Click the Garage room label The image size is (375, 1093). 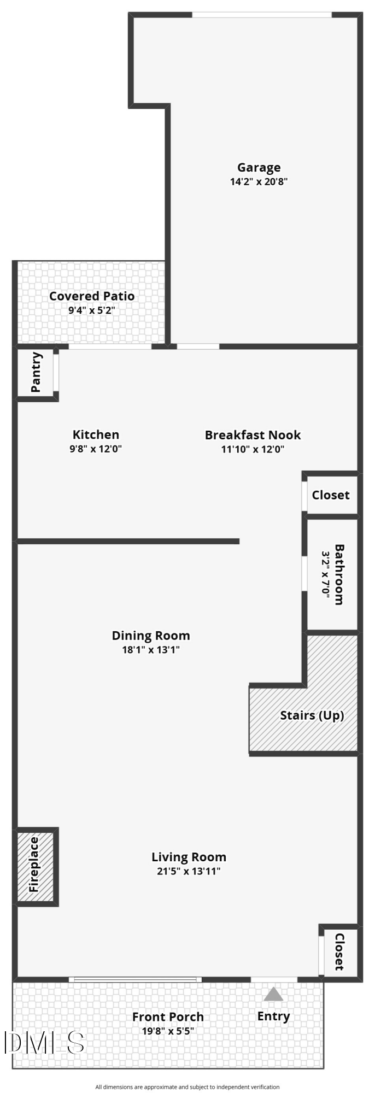point(259,168)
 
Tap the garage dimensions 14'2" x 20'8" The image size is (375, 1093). point(259,181)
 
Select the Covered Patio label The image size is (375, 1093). point(92,296)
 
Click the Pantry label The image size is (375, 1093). point(36,372)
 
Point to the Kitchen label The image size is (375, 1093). point(96,435)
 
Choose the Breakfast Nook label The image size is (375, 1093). point(253,435)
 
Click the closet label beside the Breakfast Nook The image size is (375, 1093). point(330,495)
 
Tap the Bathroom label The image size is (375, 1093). point(339,574)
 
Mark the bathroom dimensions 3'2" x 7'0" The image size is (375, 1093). point(326,574)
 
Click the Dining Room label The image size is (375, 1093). point(151,636)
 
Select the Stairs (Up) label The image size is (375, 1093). point(312,715)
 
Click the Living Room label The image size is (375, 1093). point(189,857)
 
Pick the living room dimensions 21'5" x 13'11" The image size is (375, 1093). point(189,871)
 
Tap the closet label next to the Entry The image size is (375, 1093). point(339,951)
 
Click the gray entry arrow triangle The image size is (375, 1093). point(273,994)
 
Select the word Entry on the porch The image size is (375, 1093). point(273,1016)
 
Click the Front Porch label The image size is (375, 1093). point(168,1017)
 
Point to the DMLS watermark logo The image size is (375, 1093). point(44,1043)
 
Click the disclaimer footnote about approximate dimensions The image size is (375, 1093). point(187,1087)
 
